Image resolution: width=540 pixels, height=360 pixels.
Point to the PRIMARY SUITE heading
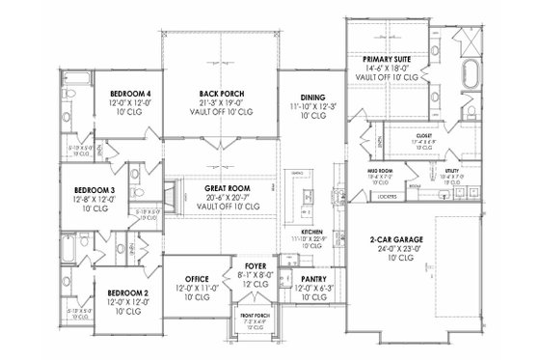387,60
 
